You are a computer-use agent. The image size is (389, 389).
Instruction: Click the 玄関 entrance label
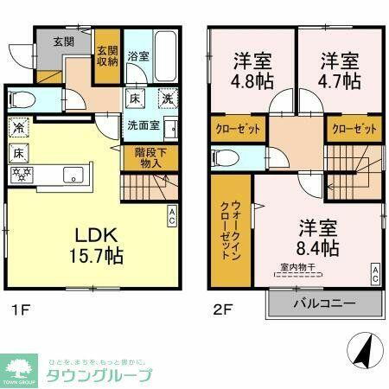63,41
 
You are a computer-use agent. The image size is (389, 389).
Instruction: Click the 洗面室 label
143,124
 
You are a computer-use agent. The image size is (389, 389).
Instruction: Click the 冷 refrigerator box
18,127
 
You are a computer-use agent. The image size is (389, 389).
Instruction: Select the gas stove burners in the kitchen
22,173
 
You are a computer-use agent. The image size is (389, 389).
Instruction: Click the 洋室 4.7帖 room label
339,72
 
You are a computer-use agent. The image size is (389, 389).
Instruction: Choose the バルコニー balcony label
325,303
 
